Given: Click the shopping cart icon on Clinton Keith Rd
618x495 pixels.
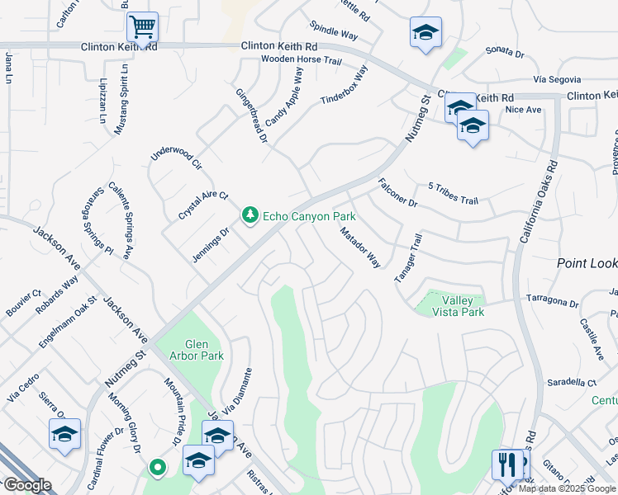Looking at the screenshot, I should [x=143, y=26].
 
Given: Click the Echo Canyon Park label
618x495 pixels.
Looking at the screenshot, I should [x=309, y=216].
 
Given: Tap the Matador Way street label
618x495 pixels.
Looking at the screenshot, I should [x=360, y=247].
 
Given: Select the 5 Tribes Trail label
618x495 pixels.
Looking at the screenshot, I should [x=453, y=195].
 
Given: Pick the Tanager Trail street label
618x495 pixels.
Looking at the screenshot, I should [x=408, y=258].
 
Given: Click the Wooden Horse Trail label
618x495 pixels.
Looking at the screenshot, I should [x=301, y=60].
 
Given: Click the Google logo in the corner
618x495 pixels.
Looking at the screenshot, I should [x=27, y=485].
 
